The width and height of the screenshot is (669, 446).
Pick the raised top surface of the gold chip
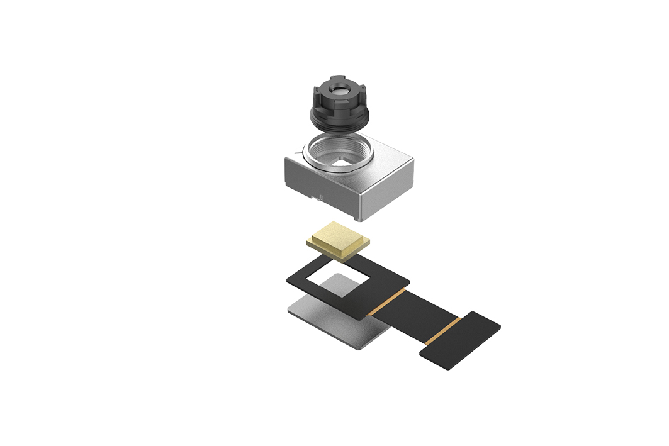point(339,237)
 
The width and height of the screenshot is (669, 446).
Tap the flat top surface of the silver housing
point(390,157)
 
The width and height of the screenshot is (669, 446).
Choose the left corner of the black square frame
point(289,281)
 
